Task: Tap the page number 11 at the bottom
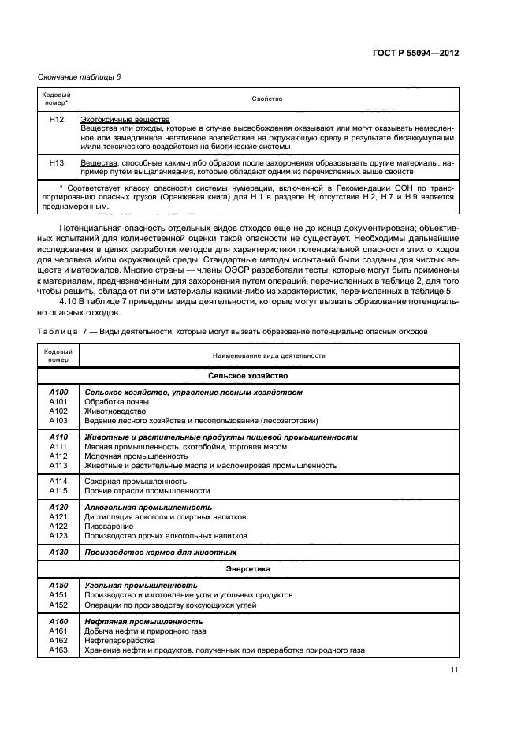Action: click(x=454, y=670)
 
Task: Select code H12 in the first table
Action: click(x=56, y=119)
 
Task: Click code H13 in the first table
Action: click(x=56, y=162)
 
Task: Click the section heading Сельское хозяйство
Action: click(x=248, y=376)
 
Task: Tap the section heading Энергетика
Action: click(x=248, y=568)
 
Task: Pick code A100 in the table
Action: click(x=58, y=392)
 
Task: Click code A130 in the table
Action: click(x=58, y=552)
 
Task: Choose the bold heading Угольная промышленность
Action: click(x=140, y=586)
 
